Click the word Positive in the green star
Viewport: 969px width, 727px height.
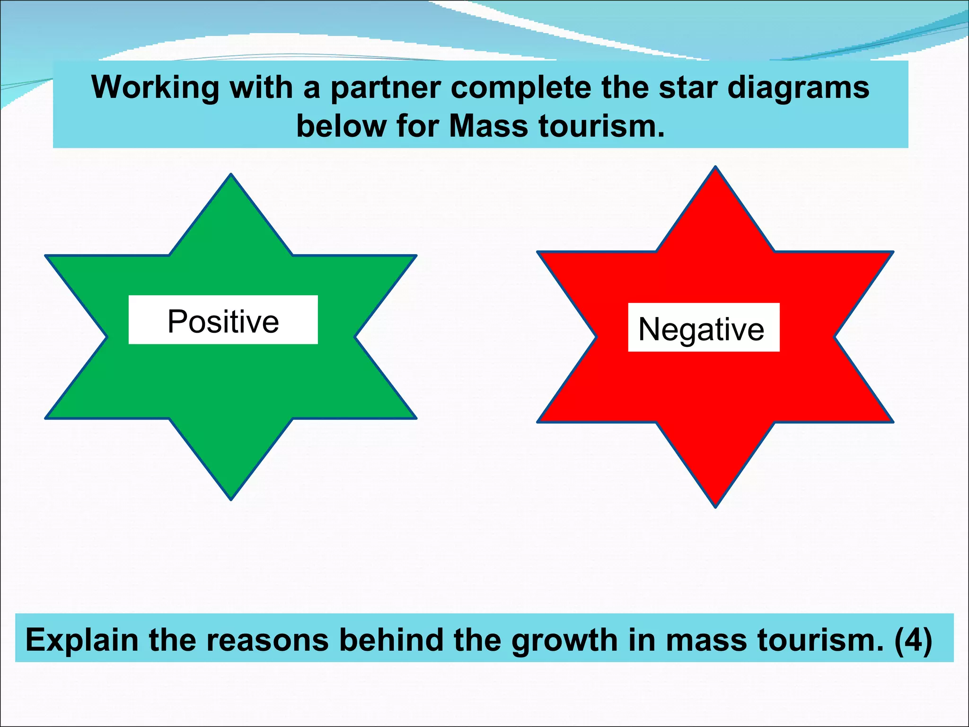click(x=223, y=321)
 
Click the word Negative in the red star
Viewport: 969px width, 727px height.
click(x=701, y=329)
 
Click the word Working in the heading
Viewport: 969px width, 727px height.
click(x=155, y=88)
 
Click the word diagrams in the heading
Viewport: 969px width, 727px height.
click(x=798, y=89)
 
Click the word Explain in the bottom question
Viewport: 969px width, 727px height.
click(x=82, y=640)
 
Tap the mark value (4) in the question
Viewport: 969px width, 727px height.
click(x=913, y=640)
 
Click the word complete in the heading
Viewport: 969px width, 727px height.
click(x=520, y=89)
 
